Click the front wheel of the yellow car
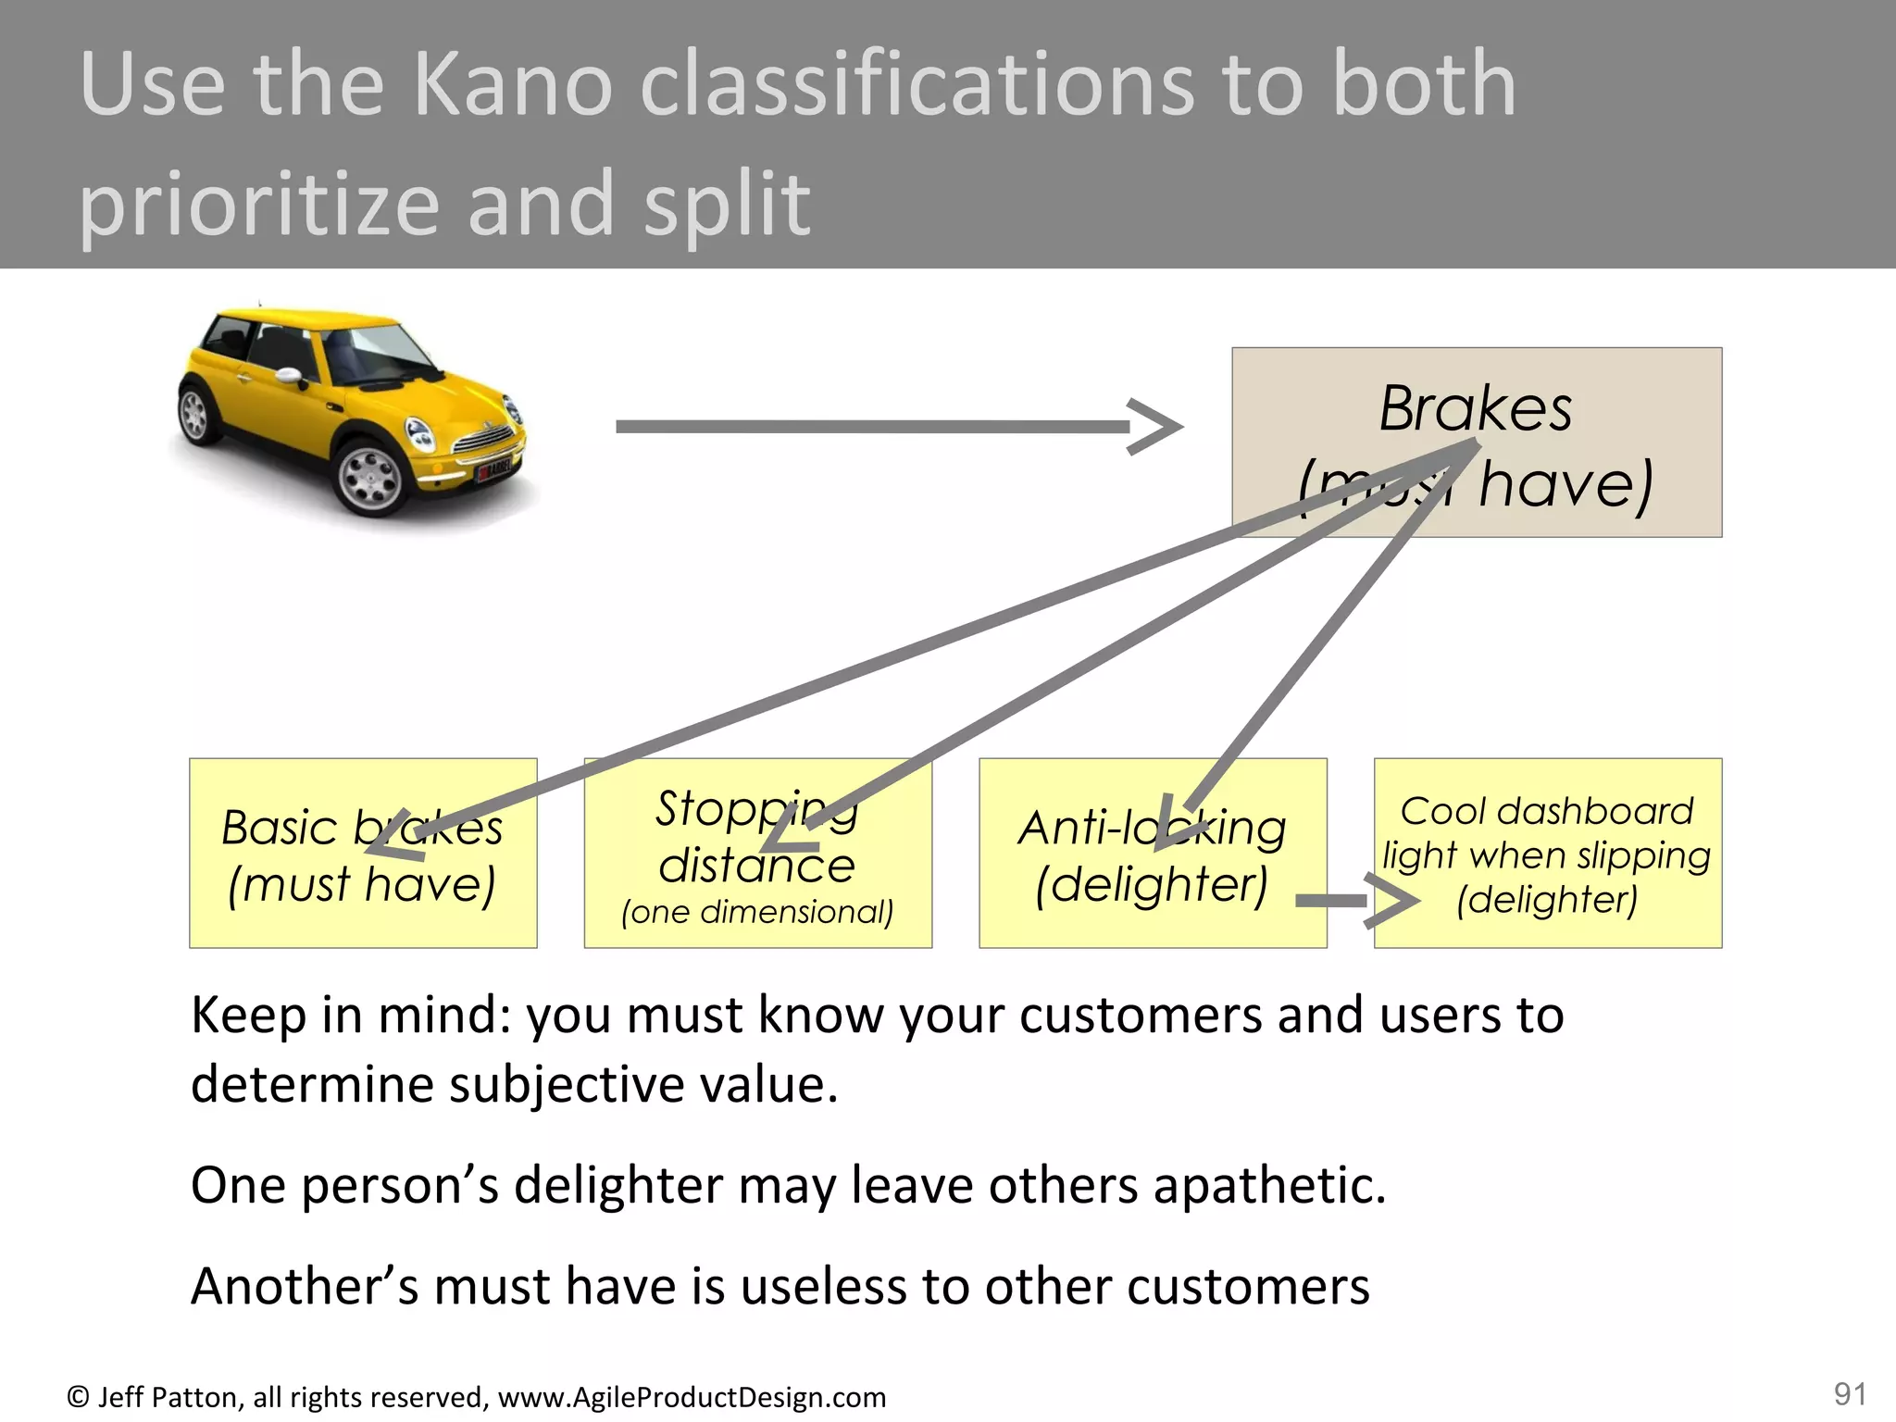click(x=370, y=478)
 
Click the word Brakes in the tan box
click(x=1475, y=408)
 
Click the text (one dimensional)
click(x=757, y=913)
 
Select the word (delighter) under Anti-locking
click(x=1151, y=885)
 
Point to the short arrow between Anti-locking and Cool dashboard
click(x=1357, y=901)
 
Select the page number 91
click(x=1850, y=1394)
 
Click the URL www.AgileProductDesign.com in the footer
click(x=692, y=1397)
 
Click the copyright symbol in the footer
click(x=78, y=1397)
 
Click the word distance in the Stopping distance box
click(x=756, y=867)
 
